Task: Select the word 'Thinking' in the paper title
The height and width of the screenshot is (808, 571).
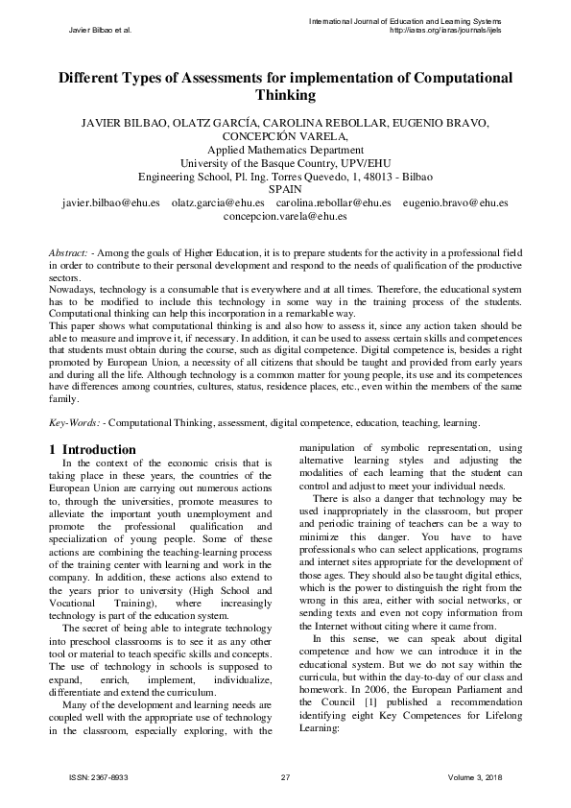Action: (x=285, y=96)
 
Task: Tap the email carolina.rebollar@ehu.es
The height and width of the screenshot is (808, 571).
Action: (x=333, y=203)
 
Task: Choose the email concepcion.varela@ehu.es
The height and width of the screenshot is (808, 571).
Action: (x=285, y=217)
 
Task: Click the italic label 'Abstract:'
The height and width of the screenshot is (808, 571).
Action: (x=71, y=251)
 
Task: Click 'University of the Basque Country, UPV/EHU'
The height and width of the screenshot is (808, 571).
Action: (x=285, y=164)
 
